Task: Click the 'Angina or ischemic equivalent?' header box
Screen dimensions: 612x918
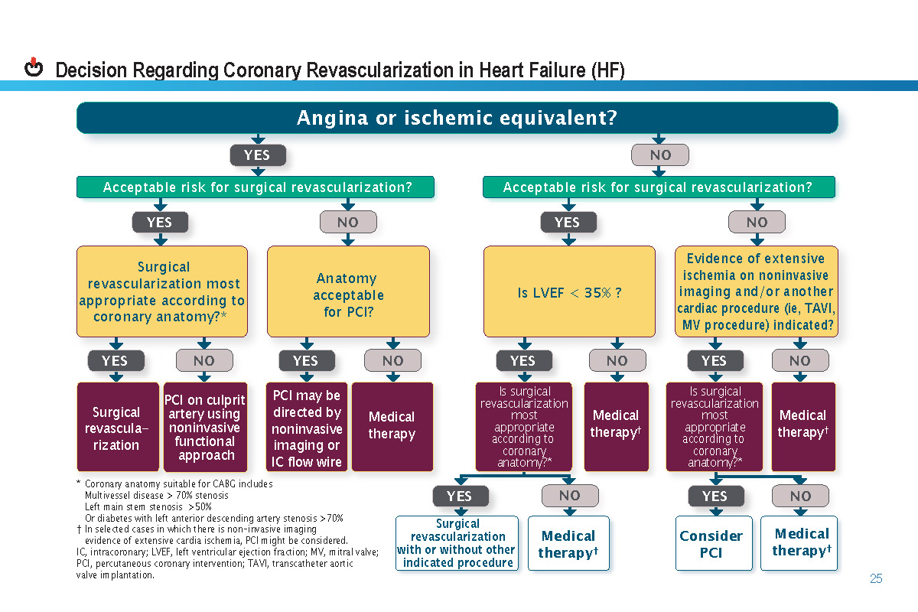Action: pos(457,118)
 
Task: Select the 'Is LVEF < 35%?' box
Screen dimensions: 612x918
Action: pos(569,291)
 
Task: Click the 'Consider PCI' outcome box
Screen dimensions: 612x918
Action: pos(711,543)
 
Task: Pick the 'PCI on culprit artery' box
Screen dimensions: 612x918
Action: pos(205,427)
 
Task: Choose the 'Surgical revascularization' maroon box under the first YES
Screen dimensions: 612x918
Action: pos(116,428)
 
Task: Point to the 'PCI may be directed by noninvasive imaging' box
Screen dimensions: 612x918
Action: pos(306,428)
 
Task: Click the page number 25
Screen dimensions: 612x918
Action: pos(876,578)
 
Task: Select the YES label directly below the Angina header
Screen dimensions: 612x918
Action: pos(258,155)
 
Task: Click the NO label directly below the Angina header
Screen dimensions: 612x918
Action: pos(659,155)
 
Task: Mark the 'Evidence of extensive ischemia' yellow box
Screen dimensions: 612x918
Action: pos(756,291)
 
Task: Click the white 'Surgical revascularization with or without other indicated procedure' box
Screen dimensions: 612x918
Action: pos(457,543)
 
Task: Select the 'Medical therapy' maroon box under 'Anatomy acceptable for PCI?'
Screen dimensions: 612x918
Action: pos(392,426)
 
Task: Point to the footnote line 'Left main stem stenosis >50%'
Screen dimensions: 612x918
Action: pos(148,506)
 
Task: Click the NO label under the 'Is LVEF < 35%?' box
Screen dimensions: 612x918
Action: pos(617,360)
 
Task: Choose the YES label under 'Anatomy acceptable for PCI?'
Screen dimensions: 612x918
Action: pos(305,360)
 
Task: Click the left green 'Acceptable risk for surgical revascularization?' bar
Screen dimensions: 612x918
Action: pos(255,187)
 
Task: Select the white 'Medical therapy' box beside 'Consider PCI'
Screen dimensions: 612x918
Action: pos(801,543)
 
